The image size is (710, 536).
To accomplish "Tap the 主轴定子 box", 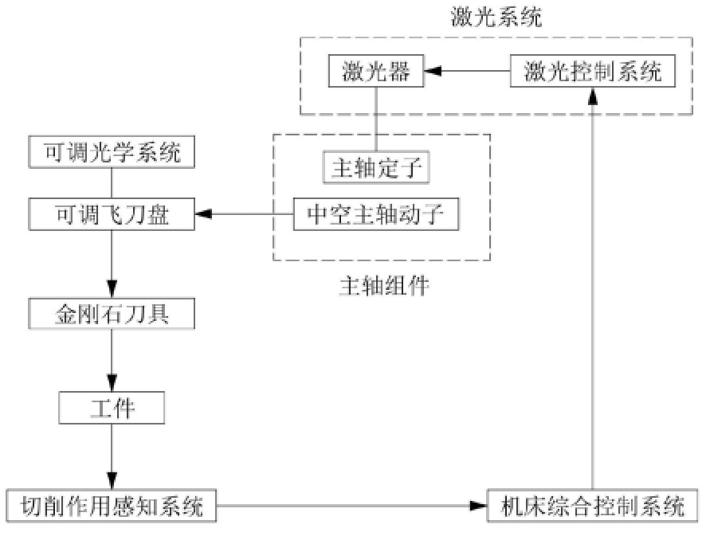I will pos(375,168).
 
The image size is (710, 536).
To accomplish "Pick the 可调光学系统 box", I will pos(111,152).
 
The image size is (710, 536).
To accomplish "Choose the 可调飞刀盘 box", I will pos(111,214).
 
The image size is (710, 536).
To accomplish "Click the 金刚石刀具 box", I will pos(111,314).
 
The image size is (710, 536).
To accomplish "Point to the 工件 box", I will pos(111,409).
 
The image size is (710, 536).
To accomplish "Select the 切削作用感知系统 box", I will pos(111,506).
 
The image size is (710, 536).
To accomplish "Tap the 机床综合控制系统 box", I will pos(593,506).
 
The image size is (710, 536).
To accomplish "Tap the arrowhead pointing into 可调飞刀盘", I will pos(203,214).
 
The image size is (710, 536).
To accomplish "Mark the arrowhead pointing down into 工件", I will pos(112,388).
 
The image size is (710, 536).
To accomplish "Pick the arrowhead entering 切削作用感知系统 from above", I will pos(112,483).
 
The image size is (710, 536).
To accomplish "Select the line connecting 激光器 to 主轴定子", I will pos(375,119).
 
